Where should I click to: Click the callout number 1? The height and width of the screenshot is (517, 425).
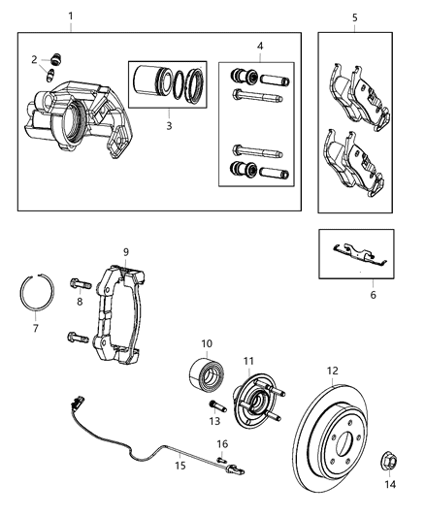click(70, 16)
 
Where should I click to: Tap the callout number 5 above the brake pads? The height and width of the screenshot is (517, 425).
click(354, 16)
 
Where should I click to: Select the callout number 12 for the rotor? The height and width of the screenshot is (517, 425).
click(332, 370)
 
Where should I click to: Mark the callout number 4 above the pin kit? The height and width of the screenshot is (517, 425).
click(258, 46)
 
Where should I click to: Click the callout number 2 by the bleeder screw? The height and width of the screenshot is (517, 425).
click(34, 60)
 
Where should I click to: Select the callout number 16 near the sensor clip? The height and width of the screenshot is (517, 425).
click(221, 443)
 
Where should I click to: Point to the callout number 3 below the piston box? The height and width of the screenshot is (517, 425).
click(168, 125)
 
